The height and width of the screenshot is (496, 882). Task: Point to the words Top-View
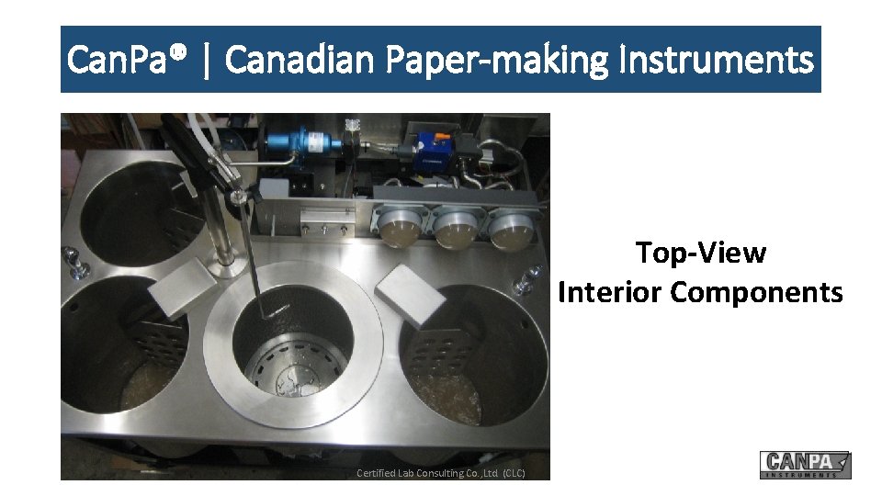700,253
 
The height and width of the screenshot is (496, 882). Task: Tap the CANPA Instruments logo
805,465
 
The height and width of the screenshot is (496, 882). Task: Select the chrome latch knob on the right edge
527,280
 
